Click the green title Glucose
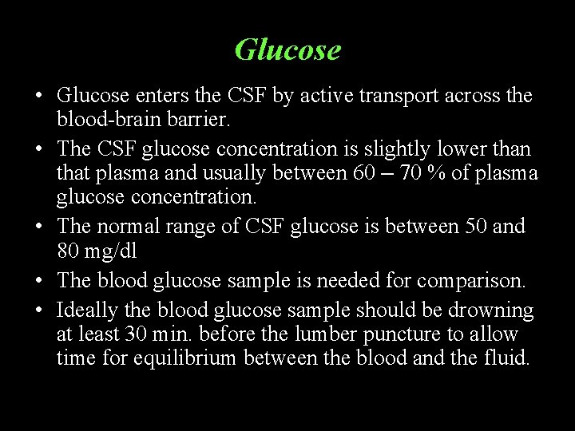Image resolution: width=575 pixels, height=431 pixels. pos(287,50)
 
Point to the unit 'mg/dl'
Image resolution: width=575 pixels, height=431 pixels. pos(112,251)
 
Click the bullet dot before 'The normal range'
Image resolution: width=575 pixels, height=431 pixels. pos(38,227)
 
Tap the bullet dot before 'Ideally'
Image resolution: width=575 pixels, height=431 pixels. pos(38,310)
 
